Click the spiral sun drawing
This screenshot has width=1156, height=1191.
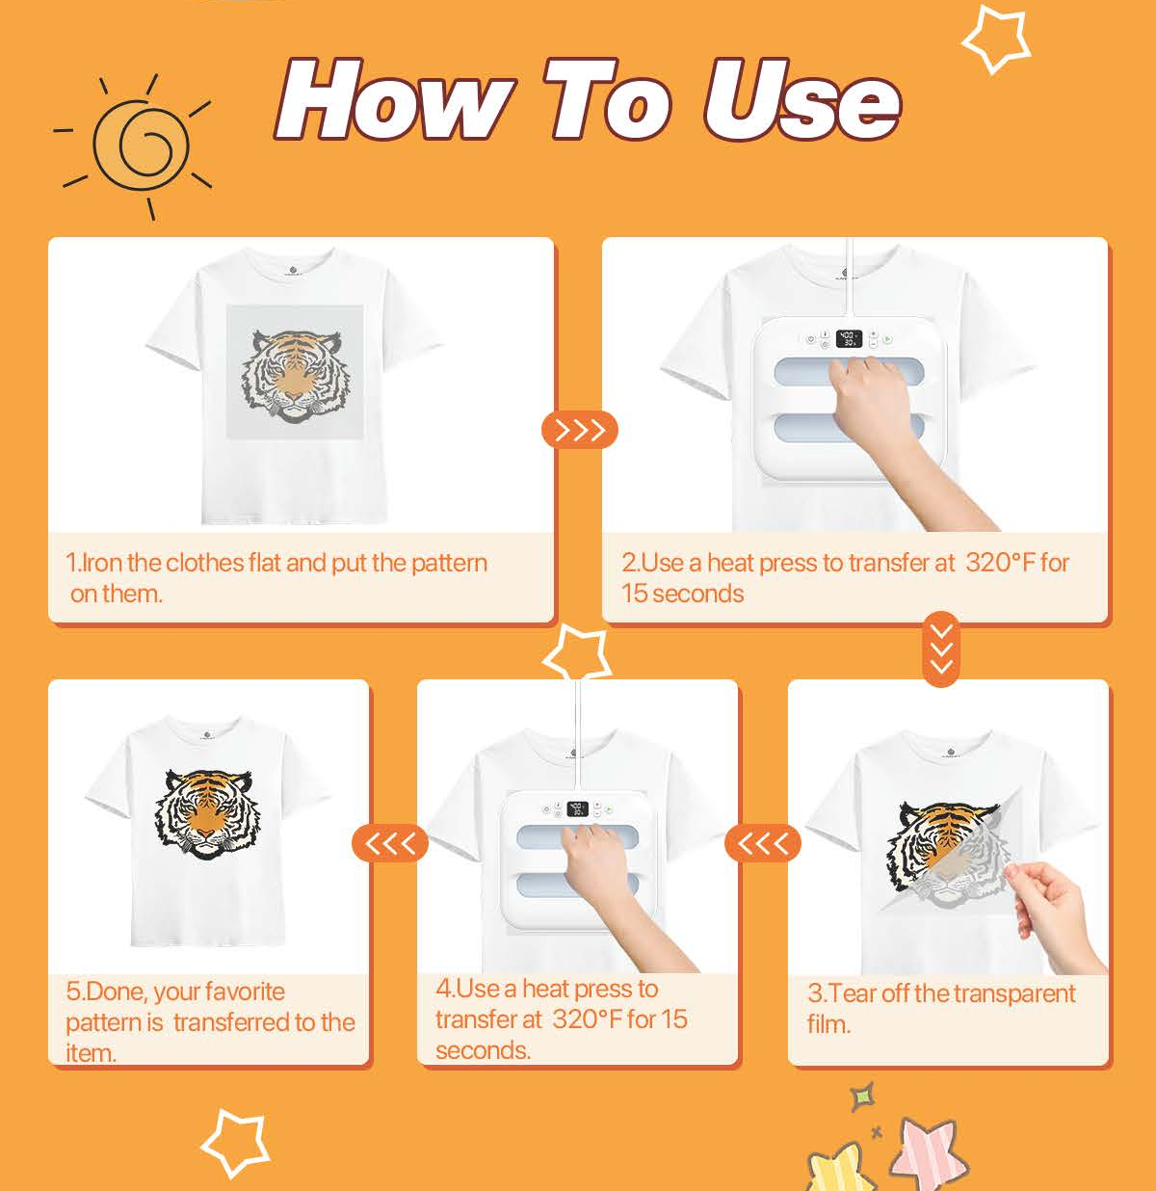tap(140, 146)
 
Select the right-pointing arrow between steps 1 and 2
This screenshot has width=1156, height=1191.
tap(580, 430)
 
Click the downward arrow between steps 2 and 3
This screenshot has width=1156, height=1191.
tap(940, 648)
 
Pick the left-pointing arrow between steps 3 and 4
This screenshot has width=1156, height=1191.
tap(763, 843)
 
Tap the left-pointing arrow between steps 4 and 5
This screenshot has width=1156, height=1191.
tap(390, 843)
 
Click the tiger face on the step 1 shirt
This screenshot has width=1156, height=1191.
tap(296, 376)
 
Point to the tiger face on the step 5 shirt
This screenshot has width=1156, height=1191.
tap(205, 814)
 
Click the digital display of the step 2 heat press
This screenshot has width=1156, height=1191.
tap(849, 338)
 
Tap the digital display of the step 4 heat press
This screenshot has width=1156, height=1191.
tap(577, 808)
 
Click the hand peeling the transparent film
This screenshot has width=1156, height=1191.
tap(1054, 913)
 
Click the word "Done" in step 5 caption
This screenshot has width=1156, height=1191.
tap(117, 992)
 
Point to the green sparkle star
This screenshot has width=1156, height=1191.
tap(863, 1097)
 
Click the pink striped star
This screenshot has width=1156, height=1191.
tap(929, 1153)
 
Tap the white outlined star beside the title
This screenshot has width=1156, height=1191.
tap(996, 40)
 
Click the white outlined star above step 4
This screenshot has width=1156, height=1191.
tap(577, 653)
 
